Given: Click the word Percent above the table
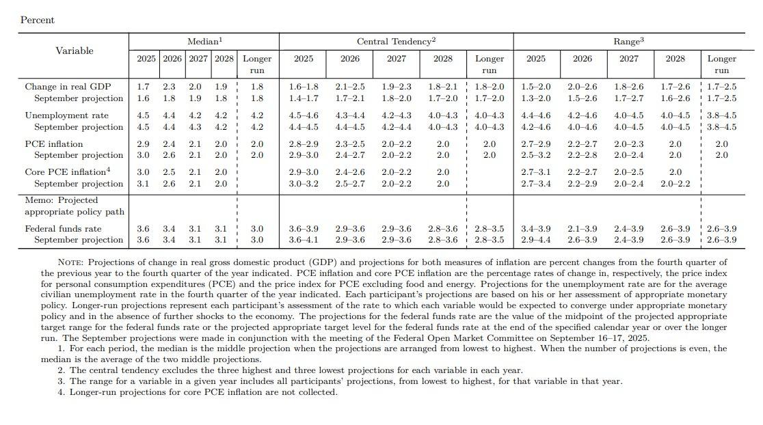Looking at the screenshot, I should point(37,20).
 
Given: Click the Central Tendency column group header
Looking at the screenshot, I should point(396,42).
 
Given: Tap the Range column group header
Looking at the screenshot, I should point(628,42).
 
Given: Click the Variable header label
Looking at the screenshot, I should point(74,51).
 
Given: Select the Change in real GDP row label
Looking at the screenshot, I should point(68,87).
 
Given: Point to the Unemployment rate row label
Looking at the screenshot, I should point(66,115).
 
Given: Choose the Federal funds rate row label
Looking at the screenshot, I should point(63,229).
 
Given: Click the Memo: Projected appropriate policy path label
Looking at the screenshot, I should point(74,206).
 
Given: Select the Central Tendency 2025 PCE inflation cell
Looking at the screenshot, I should point(304,144).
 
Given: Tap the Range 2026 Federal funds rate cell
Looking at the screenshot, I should point(583,229).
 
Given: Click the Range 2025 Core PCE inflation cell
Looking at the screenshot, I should point(536,172).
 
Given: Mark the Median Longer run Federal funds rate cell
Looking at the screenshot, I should point(257,229).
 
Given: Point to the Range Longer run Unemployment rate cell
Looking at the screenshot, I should point(721,115).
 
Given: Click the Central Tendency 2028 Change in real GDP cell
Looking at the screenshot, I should point(443,87).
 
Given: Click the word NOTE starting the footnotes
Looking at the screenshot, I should point(70,262).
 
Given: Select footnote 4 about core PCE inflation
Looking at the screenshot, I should point(198,392).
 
